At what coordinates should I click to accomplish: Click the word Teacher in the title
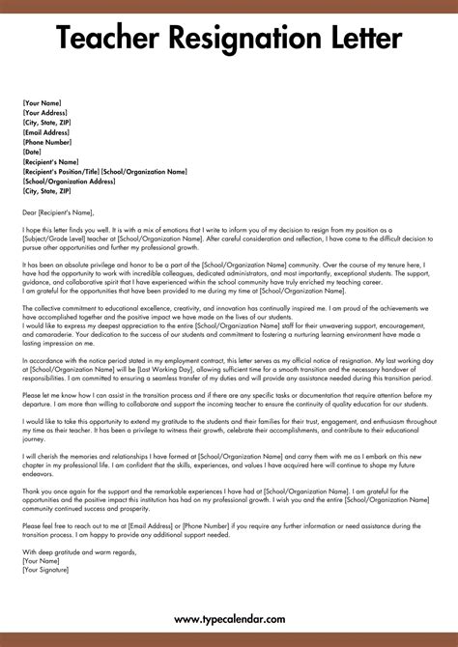click(105, 40)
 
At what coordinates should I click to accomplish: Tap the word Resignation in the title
click(240, 40)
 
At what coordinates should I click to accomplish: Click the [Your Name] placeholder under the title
click(43, 102)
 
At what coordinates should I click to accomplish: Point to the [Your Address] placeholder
click(47, 113)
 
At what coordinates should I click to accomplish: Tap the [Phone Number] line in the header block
click(49, 142)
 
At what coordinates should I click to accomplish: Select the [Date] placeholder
click(33, 152)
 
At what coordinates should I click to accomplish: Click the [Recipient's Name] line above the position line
click(51, 161)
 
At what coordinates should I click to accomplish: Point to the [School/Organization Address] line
click(69, 181)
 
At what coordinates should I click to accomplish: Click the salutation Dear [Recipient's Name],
click(60, 212)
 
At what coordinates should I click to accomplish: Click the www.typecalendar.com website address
click(229, 619)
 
